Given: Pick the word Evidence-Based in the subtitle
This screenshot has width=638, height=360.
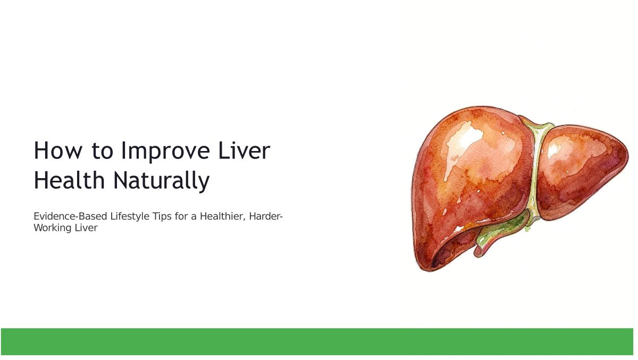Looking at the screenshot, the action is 70,216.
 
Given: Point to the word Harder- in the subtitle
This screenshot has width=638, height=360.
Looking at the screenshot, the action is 266,216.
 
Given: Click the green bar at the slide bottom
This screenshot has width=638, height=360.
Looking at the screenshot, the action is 317,341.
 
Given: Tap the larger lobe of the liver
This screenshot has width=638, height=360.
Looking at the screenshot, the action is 470,182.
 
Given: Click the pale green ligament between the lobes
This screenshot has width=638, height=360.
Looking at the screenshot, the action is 535,171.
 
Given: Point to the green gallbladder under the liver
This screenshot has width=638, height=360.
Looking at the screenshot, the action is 501,231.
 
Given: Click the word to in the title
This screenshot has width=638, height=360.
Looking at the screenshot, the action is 102,150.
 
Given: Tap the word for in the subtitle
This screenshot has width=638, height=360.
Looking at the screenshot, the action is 181,216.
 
